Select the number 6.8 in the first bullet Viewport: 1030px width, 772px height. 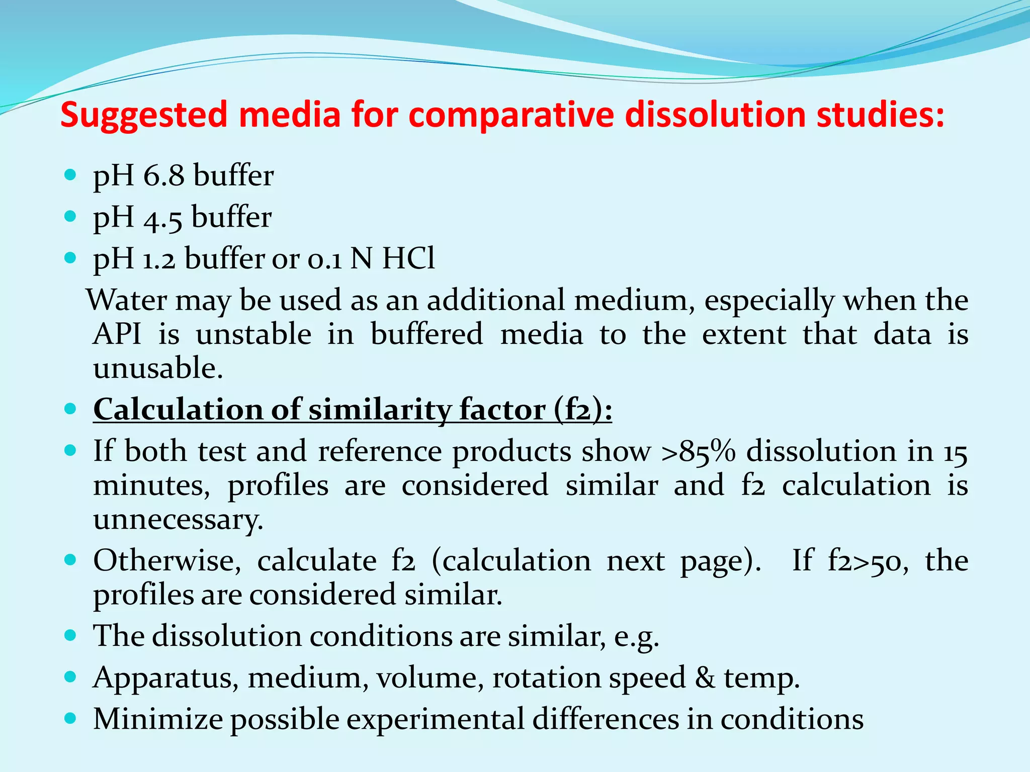[163, 176]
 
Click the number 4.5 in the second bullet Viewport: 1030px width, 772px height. [162, 218]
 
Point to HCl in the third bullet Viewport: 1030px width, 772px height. [408, 259]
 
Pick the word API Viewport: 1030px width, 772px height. [117, 334]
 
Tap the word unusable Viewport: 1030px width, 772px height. [157, 368]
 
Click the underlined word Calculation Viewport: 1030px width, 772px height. [178, 410]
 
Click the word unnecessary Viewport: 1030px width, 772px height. [178, 520]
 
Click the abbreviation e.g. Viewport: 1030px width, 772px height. [636, 637]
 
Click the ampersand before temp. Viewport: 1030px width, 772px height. [705, 678]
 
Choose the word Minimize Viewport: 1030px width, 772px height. [158, 719]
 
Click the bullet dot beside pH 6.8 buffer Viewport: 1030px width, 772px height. [70, 175]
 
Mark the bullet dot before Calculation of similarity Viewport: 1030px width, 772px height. [70, 409]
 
